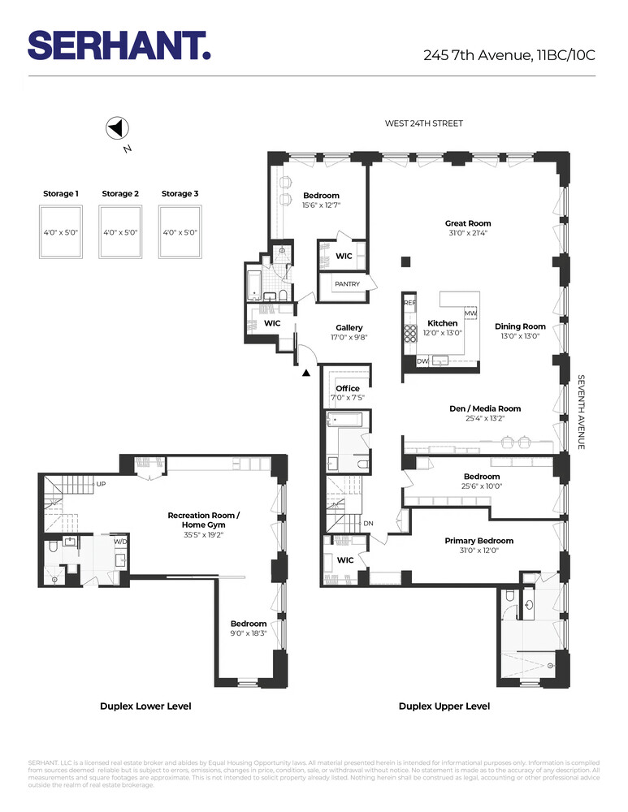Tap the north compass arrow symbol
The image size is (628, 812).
click(116, 128)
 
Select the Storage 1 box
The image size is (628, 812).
click(61, 232)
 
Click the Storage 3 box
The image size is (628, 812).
click(180, 232)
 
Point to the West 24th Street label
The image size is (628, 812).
click(423, 123)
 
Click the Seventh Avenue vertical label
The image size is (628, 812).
click(582, 412)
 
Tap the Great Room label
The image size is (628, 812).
click(467, 223)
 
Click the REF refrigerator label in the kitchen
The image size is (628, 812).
click(409, 302)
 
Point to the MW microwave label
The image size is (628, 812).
click(470, 313)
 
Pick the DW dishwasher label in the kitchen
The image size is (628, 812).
click(422, 360)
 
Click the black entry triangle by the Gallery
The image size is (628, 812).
click(306, 374)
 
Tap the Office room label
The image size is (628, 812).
click(348, 388)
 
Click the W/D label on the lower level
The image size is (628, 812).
click(119, 541)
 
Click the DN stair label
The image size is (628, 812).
click(368, 523)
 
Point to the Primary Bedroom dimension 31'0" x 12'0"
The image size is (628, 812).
click(479, 551)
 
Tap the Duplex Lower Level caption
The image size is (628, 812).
click(145, 706)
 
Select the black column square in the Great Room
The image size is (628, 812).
click(405, 261)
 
